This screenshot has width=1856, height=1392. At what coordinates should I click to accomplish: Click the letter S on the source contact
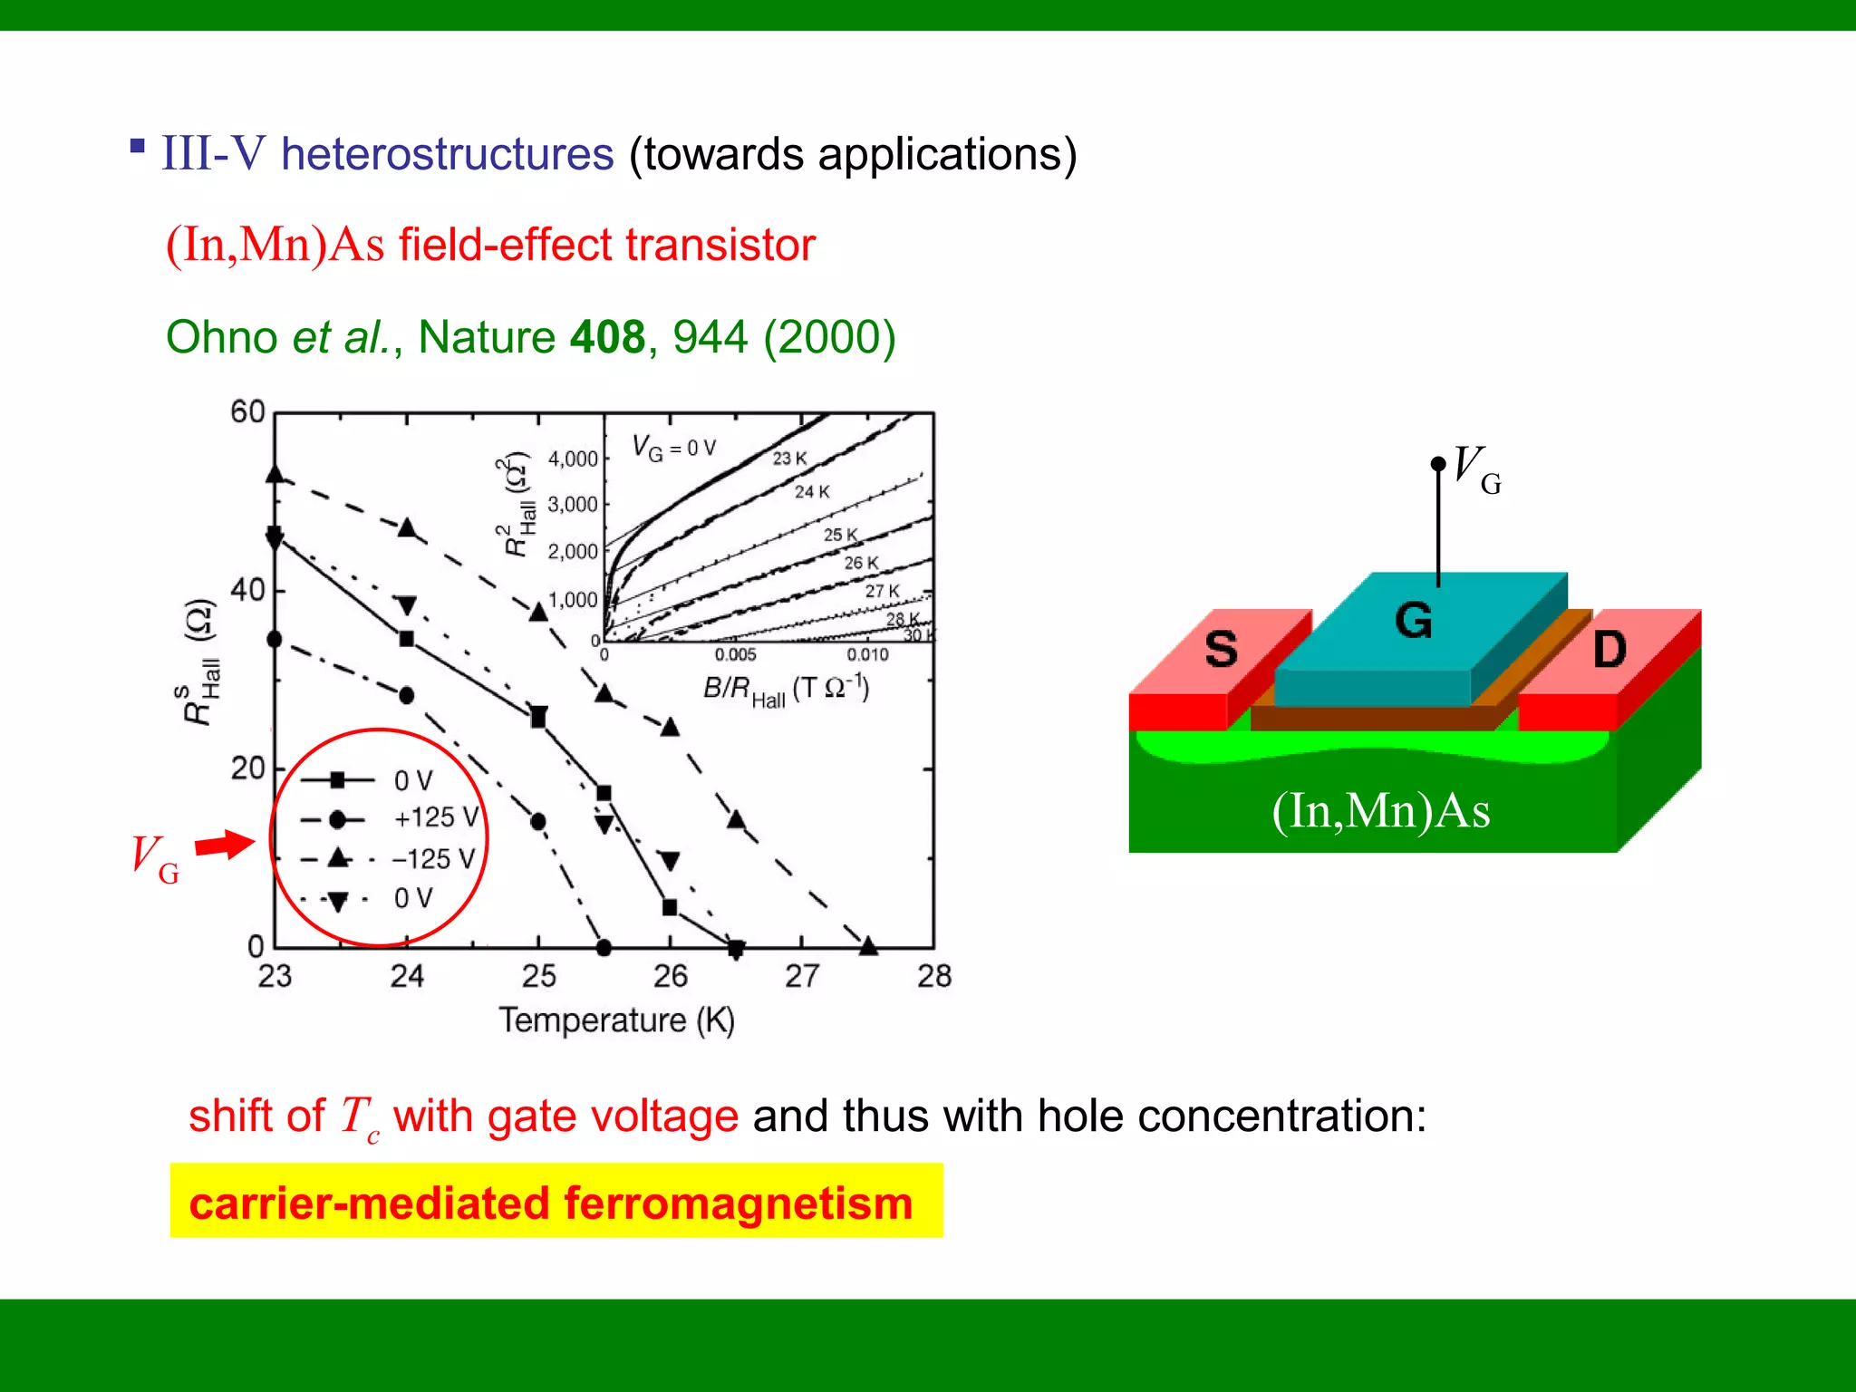pyautogui.click(x=1221, y=649)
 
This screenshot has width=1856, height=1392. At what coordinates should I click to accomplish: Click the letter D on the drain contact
pyautogui.click(x=1609, y=649)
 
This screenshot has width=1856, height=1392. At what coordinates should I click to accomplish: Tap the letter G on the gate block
pyautogui.click(x=1413, y=621)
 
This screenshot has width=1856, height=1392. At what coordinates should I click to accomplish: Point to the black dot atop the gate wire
pyautogui.click(x=1438, y=464)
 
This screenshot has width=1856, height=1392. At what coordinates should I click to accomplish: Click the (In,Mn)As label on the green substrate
pyautogui.click(x=1380, y=810)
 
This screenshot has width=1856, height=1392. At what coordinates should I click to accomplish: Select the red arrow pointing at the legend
pyautogui.click(x=226, y=845)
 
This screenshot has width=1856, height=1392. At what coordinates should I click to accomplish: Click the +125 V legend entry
pyautogui.click(x=435, y=817)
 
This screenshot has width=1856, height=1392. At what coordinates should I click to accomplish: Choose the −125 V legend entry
pyautogui.click(x=433, y=858)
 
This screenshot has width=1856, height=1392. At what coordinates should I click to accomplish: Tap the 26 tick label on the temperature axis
pyautogui.click(x=671, y=976)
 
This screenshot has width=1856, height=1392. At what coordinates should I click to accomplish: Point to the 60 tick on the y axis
pyautogui.click(x=247, y=412)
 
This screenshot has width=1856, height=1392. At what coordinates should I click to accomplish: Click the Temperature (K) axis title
pyautogui.click(x=616, y=1020)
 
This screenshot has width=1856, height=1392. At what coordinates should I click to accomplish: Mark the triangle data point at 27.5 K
pyautogui.click(x=868, y=946)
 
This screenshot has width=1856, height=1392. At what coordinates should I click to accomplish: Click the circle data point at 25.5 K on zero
pyautogui.click(x=604, y=948)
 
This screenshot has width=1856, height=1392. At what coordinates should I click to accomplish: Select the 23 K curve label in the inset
pyautogui.click(x=789, y=459)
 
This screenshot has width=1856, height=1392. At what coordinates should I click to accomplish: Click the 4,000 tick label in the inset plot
pyautogui.click(x=573, y=459)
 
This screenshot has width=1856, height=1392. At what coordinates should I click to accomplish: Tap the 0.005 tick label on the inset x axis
pyautogui.click(x=735, y=654)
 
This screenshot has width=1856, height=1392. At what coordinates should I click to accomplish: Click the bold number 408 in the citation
pyautogui.click(x=607, y=337)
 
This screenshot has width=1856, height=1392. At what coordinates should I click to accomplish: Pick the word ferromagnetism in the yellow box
pyautogui.click(x=738, y=1203)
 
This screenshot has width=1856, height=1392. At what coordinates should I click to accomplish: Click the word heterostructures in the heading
pyautogui.click(x=448, y=154)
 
